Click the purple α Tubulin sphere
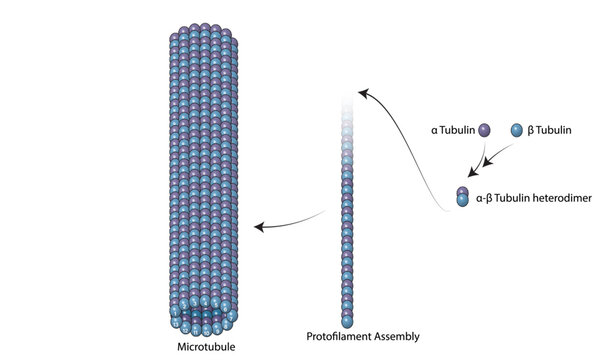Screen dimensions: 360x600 point(485,129)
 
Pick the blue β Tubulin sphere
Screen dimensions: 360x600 point(516,129)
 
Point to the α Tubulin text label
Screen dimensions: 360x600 point(451,129)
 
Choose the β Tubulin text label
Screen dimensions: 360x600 point(550,129)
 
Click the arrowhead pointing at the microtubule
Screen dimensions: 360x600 point(259,228)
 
